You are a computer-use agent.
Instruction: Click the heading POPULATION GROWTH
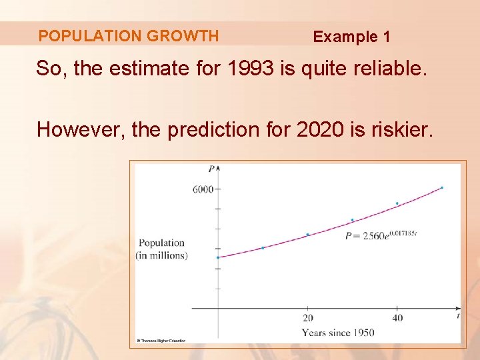128,36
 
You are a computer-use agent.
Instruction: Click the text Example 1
351,37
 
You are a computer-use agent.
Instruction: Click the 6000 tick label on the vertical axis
203,189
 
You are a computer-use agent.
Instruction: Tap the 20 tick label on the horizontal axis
308,318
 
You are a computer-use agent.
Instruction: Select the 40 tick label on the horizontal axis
397,318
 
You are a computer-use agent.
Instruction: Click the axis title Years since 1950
338,333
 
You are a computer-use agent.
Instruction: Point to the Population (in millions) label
162,249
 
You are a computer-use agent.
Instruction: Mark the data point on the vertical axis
218,257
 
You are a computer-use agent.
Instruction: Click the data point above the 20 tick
307,235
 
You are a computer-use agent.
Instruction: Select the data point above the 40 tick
397,203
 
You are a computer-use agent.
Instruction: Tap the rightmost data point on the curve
442,187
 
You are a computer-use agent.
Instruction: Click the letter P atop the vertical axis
211,169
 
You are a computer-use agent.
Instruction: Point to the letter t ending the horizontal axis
458,314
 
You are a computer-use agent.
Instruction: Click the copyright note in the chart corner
161,340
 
